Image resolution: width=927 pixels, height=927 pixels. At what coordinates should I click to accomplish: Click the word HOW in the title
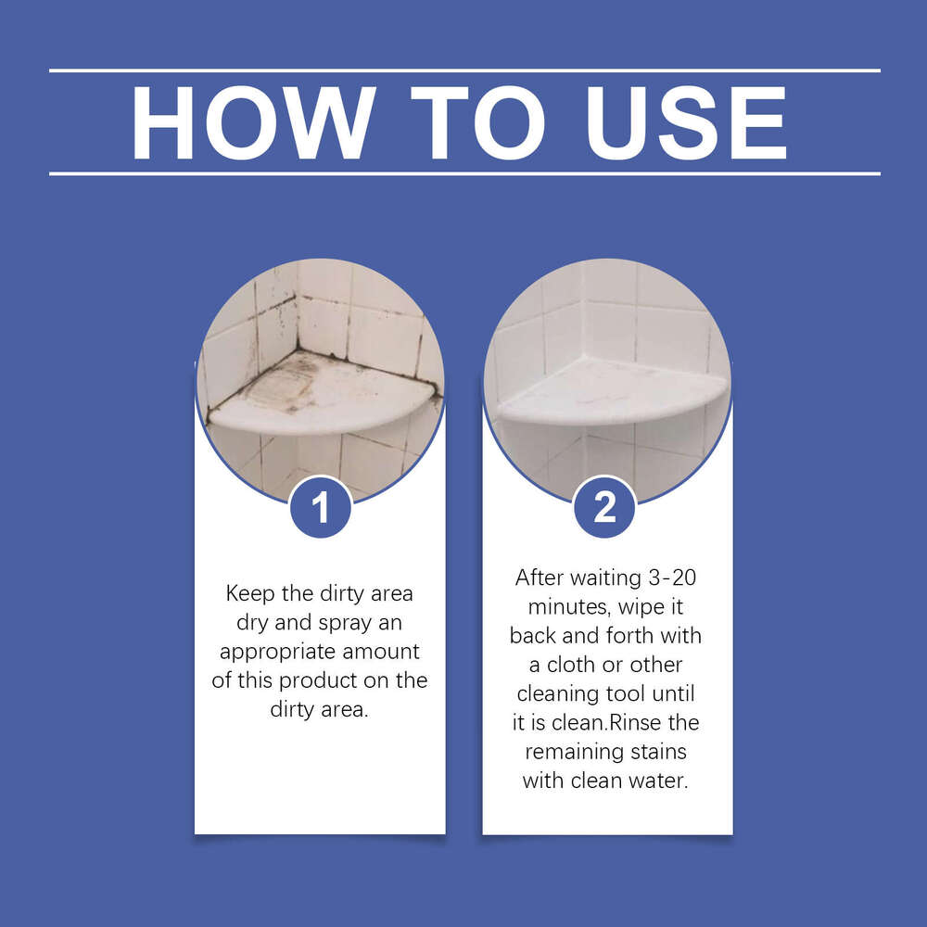253,123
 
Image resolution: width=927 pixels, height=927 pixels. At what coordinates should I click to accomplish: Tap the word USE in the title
683,123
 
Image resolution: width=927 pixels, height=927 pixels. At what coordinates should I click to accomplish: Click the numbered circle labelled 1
320,507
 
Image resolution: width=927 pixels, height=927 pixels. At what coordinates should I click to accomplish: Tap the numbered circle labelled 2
604,507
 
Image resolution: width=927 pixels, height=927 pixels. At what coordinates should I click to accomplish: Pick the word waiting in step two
601,578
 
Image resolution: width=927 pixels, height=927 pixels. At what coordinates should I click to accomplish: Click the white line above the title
463,70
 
